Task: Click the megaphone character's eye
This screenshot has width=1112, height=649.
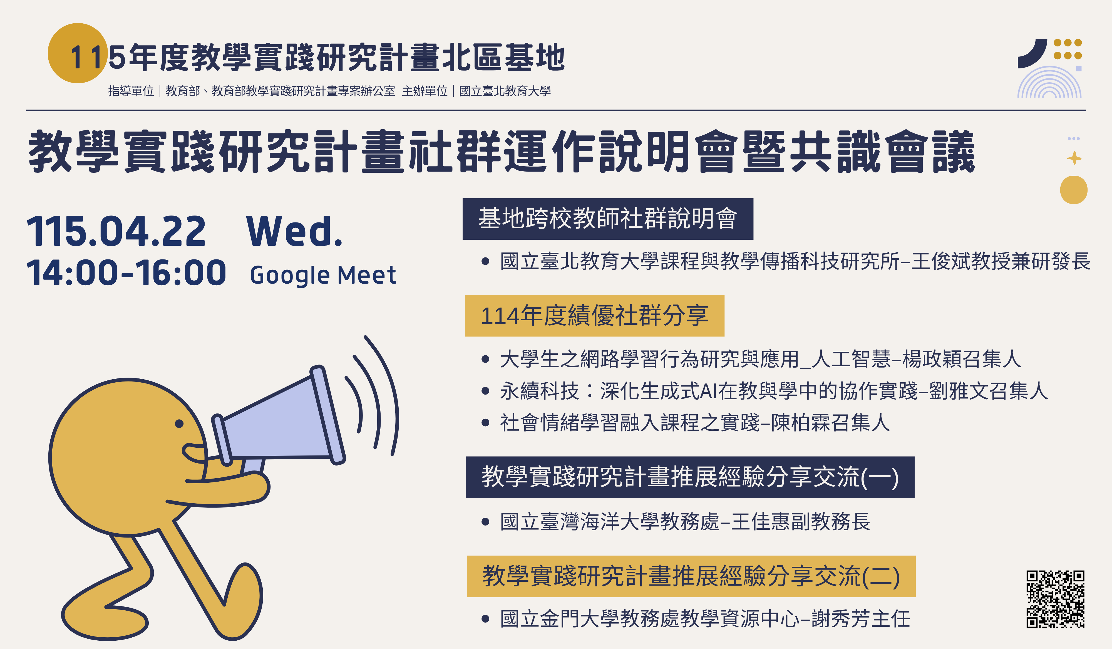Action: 179,424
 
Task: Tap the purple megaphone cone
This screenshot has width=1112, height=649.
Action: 278,419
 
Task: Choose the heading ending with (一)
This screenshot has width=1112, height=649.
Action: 690,477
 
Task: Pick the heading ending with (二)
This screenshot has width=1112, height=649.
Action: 691,576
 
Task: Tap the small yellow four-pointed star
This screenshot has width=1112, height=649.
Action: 1074,158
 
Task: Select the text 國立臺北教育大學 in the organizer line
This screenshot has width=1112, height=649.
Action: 505,91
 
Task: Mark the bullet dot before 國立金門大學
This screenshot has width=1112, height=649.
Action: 485,619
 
